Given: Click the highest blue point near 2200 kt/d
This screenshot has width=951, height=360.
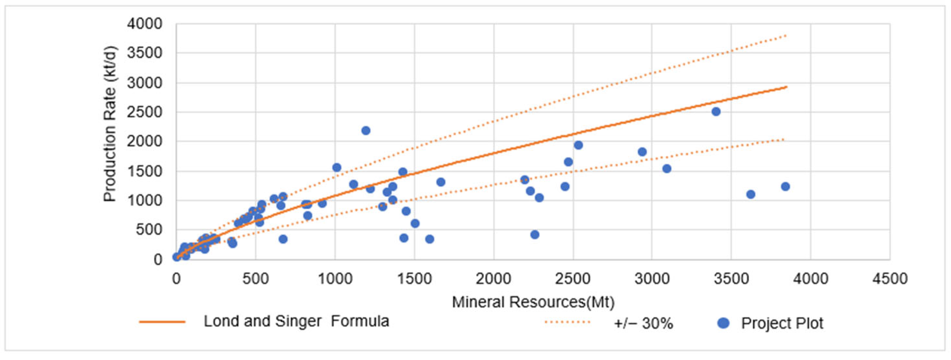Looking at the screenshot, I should click(366, 130).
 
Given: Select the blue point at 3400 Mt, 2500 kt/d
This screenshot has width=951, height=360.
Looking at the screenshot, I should click(716, 111).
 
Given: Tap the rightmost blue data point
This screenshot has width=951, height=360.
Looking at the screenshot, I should click(785, 187).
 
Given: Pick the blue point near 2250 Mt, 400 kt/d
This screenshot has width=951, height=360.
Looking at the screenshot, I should click(535, 234).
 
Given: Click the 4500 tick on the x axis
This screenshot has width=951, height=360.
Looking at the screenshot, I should click(890, 278).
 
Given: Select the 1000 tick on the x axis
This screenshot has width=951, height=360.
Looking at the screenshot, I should click(335, 278).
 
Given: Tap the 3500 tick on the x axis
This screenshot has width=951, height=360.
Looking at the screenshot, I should click(731, 278).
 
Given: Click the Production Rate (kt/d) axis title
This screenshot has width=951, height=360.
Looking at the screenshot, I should click(110, 124).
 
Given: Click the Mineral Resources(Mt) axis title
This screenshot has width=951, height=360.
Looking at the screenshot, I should click(533, 302).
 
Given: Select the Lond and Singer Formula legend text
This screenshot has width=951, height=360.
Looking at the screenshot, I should click(296, 321).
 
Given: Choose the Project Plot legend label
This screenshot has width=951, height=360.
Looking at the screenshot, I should click(782, 323).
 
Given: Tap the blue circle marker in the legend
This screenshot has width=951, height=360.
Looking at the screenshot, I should click(723, 323).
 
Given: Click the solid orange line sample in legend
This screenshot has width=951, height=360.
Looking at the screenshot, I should click(162, 322).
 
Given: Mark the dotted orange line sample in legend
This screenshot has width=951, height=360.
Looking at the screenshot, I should click(567, 322).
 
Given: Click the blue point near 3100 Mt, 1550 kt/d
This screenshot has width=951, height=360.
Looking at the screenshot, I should click(666, 169).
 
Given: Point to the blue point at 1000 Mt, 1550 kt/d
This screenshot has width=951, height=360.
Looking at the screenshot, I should click(336, 167).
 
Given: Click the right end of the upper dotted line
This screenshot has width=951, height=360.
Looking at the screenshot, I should click(786, 36).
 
